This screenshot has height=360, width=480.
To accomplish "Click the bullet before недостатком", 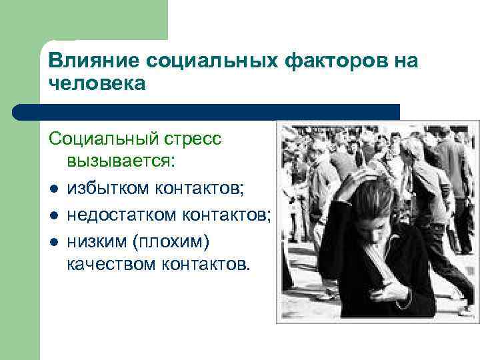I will coord(54,215).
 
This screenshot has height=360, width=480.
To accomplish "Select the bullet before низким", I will coord(54,240).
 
